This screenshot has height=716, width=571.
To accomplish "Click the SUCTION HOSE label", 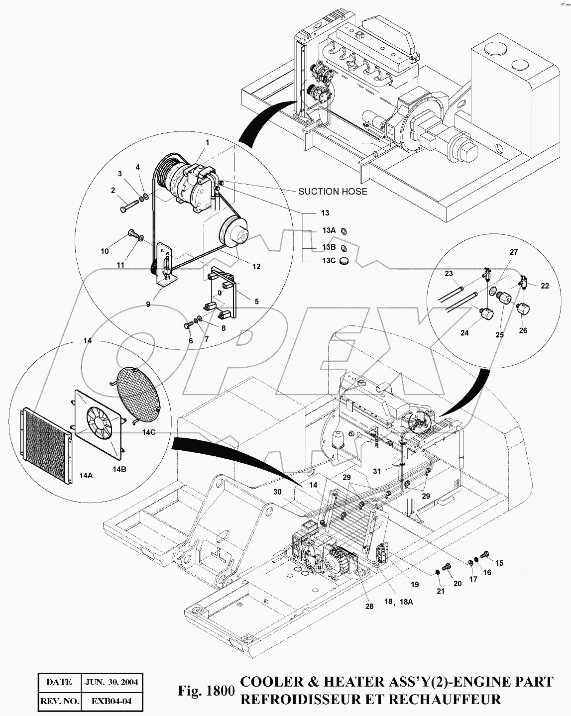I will pos(333,191).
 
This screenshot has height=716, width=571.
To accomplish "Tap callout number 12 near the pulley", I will pos(256,267).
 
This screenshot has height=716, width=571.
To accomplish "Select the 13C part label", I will pos(329,261).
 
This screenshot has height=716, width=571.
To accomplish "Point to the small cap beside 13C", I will pos(343,261).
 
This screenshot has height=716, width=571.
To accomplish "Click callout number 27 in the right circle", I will pos(513,252).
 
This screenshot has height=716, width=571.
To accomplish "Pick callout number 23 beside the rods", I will pos(449,274).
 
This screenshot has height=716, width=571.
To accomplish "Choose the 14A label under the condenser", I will pos(86,475).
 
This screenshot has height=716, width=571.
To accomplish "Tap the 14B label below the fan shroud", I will pos(119,469).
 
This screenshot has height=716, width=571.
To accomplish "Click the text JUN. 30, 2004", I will pos(113,682).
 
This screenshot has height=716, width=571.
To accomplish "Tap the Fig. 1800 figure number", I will pos(206,691).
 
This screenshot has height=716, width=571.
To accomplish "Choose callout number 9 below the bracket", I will pos(148,305).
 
